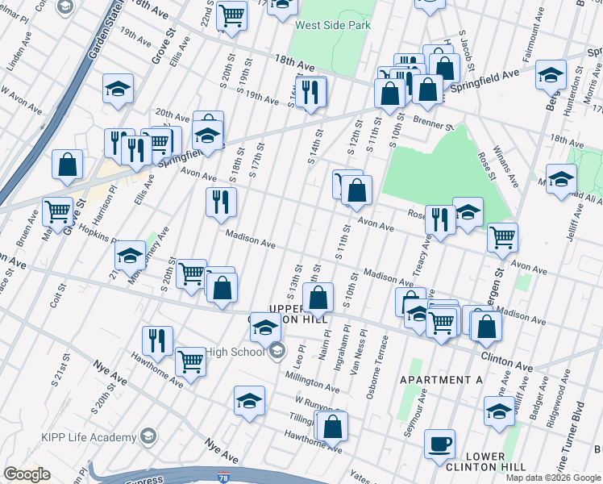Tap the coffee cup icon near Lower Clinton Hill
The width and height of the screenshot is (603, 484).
click(x=440, y=443)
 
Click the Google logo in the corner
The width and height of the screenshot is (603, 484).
click(x=27, y=474)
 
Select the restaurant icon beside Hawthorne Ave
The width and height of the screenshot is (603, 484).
click(x=157, y=340)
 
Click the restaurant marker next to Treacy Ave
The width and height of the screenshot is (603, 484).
click(x=440, y=219)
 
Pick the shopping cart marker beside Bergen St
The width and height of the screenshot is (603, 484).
click(x=503, y=237)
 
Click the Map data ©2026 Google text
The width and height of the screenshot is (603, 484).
click(x=553, y=478)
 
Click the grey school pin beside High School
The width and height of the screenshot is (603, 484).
click(x=277, y=351)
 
